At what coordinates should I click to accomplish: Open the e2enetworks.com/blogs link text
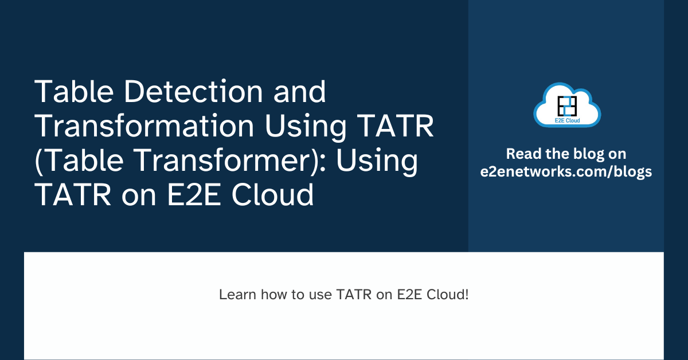566,172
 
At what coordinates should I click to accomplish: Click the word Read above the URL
522,154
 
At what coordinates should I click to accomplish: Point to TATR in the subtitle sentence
351,295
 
